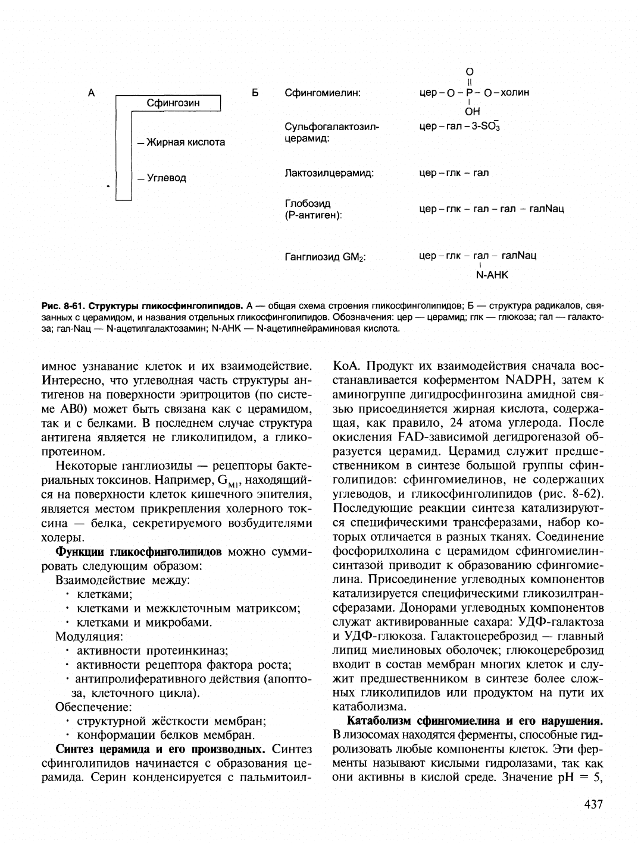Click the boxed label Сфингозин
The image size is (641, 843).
[x=173, y=103]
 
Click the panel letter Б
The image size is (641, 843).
[x=255, y=93]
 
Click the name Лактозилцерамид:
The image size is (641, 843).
[x=329, y=173]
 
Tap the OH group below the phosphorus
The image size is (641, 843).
[x=473, y=111]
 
